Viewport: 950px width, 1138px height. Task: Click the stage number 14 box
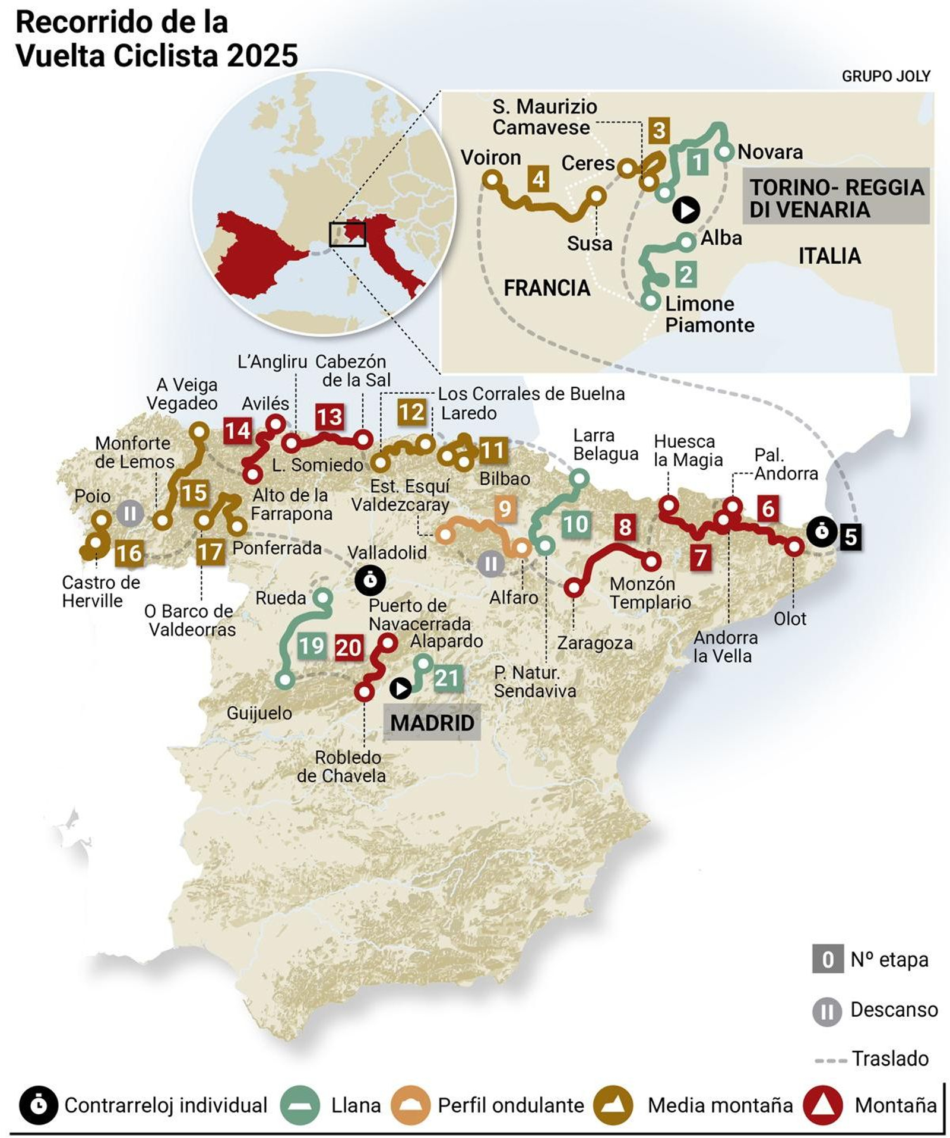click(237, 430)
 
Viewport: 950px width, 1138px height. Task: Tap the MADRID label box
click(432, 722)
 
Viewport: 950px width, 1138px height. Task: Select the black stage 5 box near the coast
click(850, 536)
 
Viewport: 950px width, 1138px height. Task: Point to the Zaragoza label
click(594, 643)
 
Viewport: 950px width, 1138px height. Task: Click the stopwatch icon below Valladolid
click(370, 580)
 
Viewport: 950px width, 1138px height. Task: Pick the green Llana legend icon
click(300, 1105)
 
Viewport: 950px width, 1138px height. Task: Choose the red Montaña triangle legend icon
click(822, 1105)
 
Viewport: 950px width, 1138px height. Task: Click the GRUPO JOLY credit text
click(885, 76)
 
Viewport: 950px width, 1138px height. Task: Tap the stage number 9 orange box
click(505, 508)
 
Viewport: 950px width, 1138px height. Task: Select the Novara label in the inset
click(769, 152)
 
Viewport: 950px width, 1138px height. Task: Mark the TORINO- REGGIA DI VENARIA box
click(836, 198)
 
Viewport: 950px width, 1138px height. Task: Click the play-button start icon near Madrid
click(401, 688)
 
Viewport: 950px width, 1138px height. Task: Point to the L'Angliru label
click(272, 361)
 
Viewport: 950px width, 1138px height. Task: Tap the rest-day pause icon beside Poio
click(130, 513)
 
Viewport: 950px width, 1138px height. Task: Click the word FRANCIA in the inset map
click(546, 288)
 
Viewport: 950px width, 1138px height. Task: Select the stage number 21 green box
click(447, 678)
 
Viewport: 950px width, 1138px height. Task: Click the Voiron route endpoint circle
click(492, 179)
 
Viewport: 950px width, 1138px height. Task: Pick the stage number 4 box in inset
click(539, 179)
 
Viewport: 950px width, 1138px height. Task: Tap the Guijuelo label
click(259, 713)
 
